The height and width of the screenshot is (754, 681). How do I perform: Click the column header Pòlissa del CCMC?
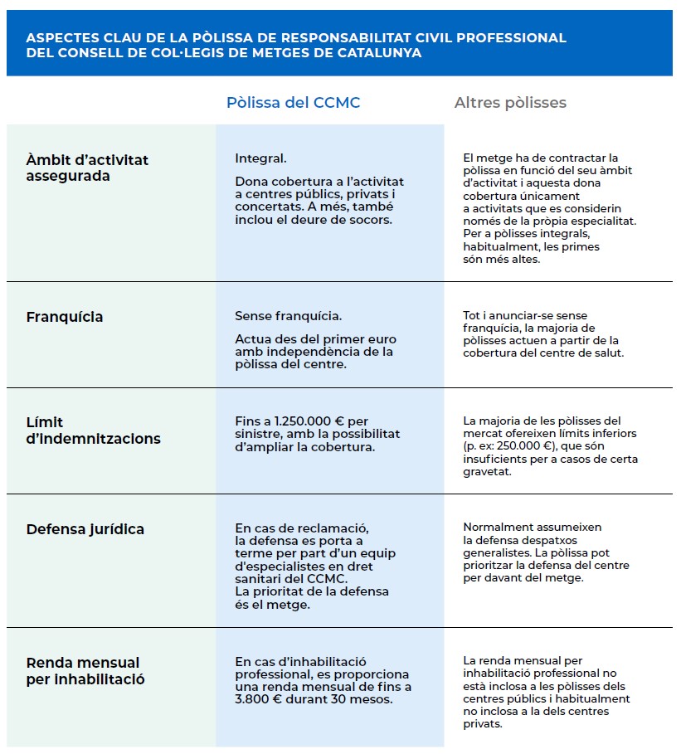tap(293, 103)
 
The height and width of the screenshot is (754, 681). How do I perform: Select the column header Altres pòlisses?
tap(510, 103)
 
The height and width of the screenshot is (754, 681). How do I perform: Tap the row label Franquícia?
tap(65, 317)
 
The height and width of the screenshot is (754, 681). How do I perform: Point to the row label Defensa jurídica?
tap(85, 529)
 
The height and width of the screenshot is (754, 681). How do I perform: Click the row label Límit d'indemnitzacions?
tap(81, 431)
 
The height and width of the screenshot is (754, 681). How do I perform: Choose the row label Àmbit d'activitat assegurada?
tap(87, 168)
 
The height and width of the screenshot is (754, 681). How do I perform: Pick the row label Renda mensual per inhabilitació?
tap(85, 671)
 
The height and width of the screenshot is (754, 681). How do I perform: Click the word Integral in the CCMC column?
tap(260, 158)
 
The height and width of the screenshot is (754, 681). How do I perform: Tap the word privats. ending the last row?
tap(482, 724)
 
